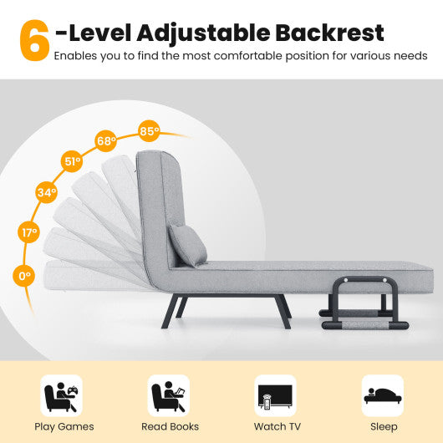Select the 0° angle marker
pyautogui.click(x=25, y=274)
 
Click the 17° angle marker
pyautogui.click(x=30, y=232)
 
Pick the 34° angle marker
pyautogui.click(x=47, y=194)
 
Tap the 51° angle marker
pyautogui.click(x=72, y=161)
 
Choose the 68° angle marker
pyautogui.click(x=106, y=140)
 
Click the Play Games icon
pyautogui.click(x=62, y=395)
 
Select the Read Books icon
pyautogui.click(x=168, y=395)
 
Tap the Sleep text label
pyautogui.click(x=384, y=426)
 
